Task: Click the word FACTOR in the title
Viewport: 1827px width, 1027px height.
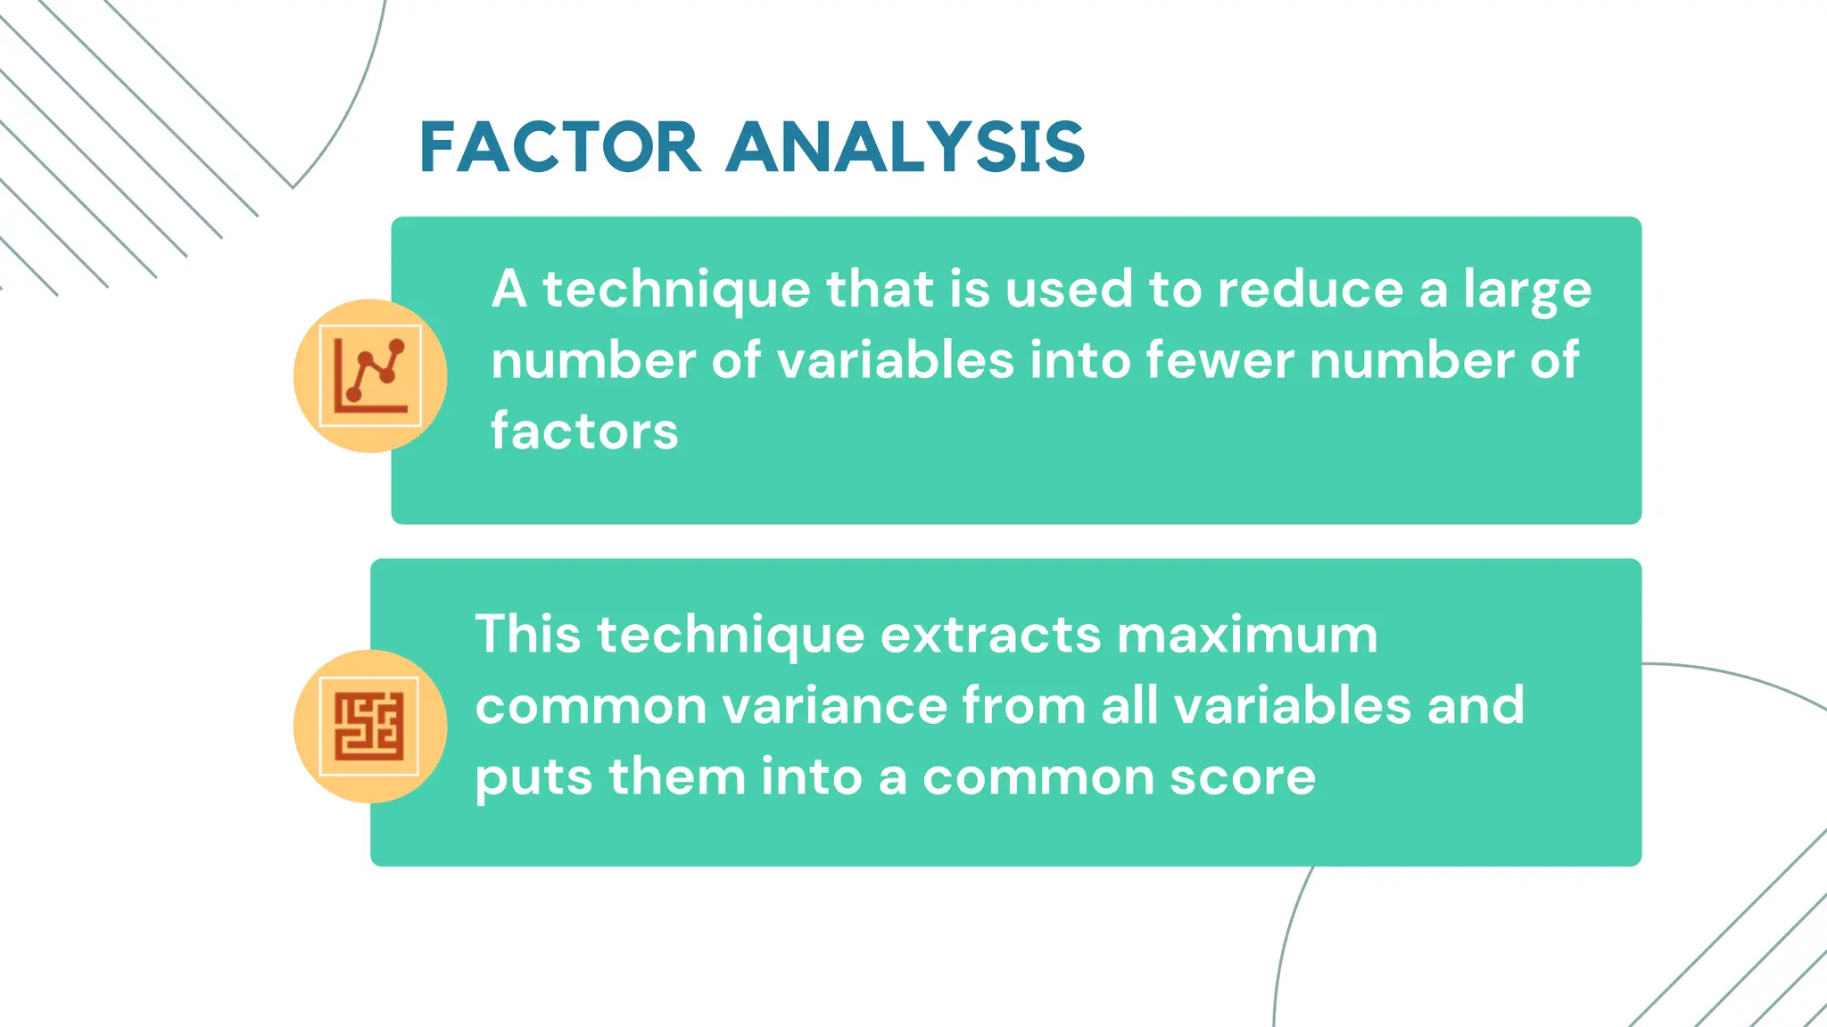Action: (x=559, y=148)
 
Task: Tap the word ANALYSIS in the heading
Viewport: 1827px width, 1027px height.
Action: (x=905, y=148)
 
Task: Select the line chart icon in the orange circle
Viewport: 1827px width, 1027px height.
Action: (x=370, y=375)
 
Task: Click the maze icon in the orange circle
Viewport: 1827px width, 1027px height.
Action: (x=369, y=727)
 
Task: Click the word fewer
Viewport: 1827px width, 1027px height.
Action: (x=1219, y=360)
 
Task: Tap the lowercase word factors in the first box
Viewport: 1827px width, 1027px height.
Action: (x=584, y=431)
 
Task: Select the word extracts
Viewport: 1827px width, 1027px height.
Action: (x=990, y=635)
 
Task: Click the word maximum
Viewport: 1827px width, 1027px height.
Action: (x=1247, y=635)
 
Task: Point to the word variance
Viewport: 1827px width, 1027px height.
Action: (x=834, y=706)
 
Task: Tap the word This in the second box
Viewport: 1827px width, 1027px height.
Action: (x=527, y=635)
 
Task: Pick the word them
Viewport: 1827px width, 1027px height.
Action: (x=677, y=777)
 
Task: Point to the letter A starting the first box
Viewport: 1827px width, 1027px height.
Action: (x=508, y=290)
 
